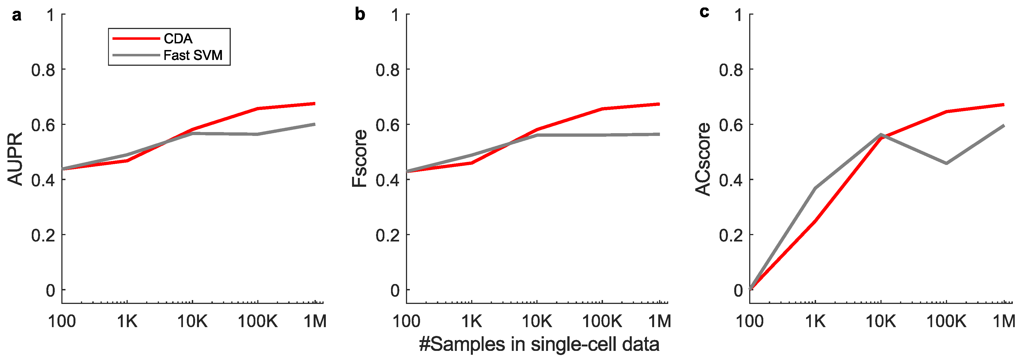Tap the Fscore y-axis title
tap(360, 158)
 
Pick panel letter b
tap(360, 15)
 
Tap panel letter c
tap(704, 12)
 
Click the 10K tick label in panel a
tap(192, 321)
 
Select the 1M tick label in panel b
tap(659, 321)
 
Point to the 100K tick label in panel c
tap(946, 321)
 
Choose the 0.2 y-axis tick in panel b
tap(387, 235)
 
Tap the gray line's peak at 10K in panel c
tap(881, 135)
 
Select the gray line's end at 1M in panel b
tap(659, 134)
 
